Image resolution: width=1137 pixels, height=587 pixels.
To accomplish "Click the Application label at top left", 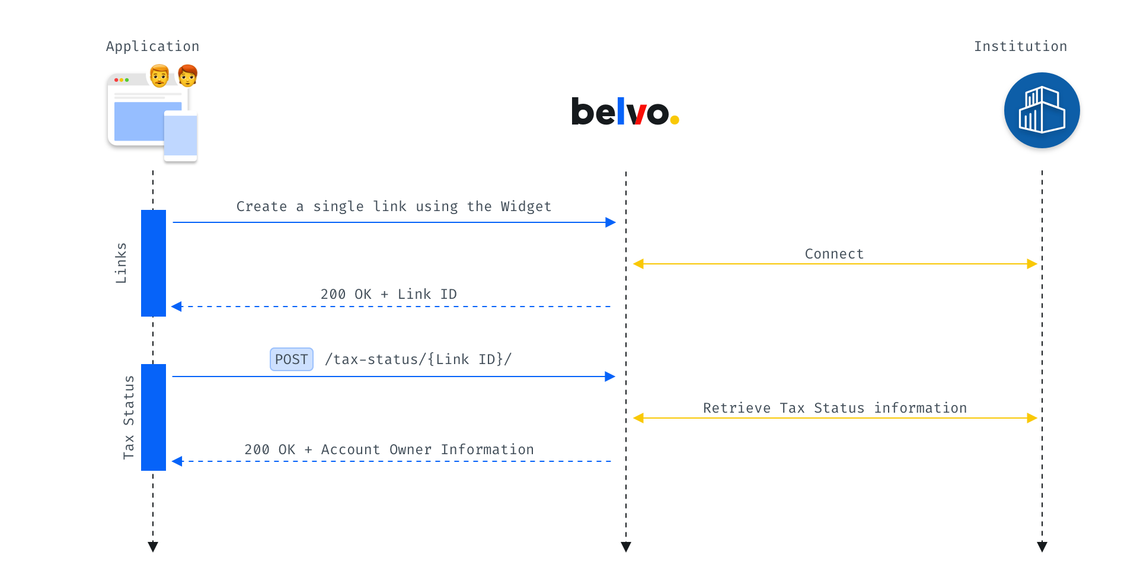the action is coord(152,47).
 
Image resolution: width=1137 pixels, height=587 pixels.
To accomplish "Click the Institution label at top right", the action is coord(1020,46).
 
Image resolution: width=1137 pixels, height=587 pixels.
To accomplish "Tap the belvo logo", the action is coord(625,111).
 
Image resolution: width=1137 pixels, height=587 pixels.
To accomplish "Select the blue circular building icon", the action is coord(1042,110).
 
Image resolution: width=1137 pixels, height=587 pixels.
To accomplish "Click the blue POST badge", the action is coord(292,359).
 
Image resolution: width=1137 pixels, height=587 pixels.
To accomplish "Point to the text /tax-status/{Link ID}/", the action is coord(418,359).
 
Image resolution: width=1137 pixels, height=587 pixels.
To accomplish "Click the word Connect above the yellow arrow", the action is coord(834,254).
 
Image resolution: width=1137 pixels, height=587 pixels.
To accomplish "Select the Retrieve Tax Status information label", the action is coord(835,408).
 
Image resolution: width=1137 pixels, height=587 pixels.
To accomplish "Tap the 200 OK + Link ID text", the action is coord(388,294).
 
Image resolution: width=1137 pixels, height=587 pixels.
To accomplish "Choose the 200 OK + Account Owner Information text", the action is coord(389,449).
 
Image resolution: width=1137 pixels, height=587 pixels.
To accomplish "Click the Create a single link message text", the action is coord(394,206).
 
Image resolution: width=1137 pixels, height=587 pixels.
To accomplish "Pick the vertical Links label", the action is coord(121,263).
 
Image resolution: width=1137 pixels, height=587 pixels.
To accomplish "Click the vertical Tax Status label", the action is coord(129,417).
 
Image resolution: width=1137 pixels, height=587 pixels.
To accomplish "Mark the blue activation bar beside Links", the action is coord(154,263).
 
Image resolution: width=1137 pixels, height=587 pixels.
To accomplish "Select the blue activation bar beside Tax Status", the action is coord(154,417).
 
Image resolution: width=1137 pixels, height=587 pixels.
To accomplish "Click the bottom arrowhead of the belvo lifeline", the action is coord(626,547).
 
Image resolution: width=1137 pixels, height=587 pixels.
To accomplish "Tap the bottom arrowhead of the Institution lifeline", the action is coord(1042,547).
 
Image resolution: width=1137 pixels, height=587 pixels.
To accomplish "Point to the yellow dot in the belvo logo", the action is coord(675,120).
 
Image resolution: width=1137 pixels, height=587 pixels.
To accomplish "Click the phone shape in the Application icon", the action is coord(180,136).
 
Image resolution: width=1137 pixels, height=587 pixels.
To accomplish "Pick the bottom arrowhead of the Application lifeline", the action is coord(153,547).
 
